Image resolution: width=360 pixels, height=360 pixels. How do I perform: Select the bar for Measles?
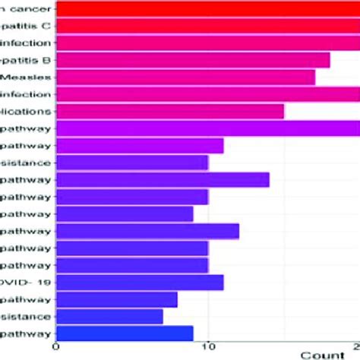tap(185, 77)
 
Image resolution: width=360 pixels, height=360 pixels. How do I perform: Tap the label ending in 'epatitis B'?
tap(27, 61)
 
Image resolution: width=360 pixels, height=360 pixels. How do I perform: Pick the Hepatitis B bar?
tap(193, 61)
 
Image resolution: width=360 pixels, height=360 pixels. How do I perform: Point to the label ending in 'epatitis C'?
tap(27, 27)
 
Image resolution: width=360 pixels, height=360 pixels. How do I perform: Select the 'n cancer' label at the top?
tap(27, 10)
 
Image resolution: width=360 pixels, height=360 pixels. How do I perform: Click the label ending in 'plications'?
tap(27, 112)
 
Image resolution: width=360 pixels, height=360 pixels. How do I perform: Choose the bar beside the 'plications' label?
tap(170, 112)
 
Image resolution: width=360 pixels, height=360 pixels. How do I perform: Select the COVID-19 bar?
tap(140, 282)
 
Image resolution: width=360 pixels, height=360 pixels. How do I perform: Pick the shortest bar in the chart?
tap(109, 316)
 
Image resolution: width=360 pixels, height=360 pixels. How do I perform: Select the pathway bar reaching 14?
tap(163, 180)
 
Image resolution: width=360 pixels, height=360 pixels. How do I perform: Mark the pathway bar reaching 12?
tap(147, 231)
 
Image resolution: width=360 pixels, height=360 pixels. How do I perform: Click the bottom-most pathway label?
tap(27, 333)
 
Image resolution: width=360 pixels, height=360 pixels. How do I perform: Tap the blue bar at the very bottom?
tap(125, 333)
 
